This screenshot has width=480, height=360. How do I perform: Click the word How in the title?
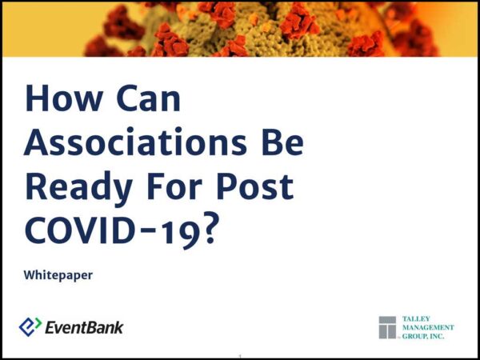[x=64, y=98]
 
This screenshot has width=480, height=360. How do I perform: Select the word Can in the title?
[x=149, y=98]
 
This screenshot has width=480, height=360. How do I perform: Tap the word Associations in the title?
[x=135, y=142]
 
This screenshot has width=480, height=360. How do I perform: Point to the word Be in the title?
[x=282, y=142]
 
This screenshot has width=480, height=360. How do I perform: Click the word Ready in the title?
[x=79, y=188]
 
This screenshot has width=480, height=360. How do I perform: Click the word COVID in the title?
[x=79, y=230]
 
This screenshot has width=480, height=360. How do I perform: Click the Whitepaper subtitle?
[x=58, y=275]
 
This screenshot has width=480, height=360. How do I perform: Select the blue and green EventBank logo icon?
[x=30, y=326]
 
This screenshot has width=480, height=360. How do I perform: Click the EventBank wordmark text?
[x=84, y=327]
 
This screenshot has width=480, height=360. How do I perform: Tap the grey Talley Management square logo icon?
[x=387, y=327]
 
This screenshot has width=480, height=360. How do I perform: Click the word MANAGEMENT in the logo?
[x=428, y=327]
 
